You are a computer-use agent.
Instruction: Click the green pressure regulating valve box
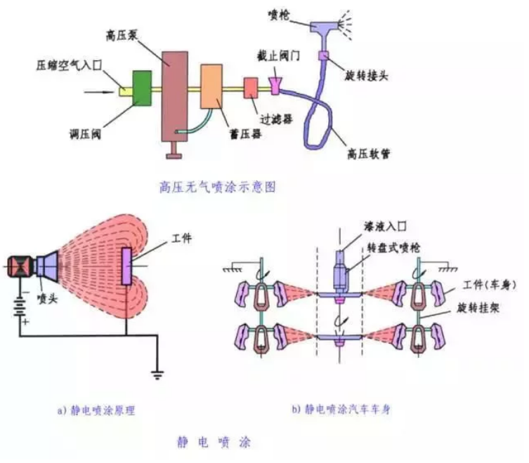142,88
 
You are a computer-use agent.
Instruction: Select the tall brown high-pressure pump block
175,96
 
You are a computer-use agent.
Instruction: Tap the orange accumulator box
211,86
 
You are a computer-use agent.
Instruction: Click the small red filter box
251,88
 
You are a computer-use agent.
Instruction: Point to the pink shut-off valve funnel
275,86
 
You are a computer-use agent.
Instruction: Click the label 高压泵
121,35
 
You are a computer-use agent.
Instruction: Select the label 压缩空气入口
69,65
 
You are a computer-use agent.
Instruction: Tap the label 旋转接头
366,76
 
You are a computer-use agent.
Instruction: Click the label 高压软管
369,154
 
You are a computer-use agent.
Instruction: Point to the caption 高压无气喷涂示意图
217,187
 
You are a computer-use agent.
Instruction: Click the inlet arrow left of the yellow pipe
98,92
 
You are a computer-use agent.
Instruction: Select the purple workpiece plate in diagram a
126,266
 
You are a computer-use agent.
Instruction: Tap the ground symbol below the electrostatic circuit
157,375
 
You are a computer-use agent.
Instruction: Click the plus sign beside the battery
25,321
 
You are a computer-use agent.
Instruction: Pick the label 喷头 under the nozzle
47,299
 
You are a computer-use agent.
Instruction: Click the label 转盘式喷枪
393,248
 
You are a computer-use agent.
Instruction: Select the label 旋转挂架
478,308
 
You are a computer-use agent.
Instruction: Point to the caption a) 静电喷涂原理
96,411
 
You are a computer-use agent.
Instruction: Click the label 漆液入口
385,226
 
